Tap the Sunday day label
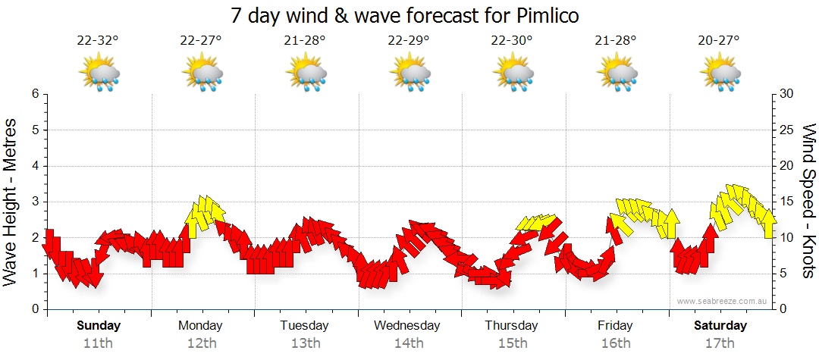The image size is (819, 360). [99, 326]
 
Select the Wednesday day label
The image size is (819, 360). [407, 326]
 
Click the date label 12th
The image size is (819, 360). [201, 343]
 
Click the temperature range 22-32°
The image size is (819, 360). [98, 41]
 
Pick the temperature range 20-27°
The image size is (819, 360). [719, 41]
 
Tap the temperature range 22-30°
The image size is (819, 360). [512, 41]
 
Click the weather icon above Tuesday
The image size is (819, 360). [306, 74]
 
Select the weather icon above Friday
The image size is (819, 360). [616, 74]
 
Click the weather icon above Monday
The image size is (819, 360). [202, 74]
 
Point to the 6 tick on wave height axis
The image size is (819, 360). [35, 94]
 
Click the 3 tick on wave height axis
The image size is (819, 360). [35, 202]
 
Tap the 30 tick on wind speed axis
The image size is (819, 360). [786, 94]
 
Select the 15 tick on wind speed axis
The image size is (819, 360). [786, 202]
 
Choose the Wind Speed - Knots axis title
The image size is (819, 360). [808, 202]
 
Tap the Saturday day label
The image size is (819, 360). [720, 326]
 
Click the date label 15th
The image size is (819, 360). [513, 343]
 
